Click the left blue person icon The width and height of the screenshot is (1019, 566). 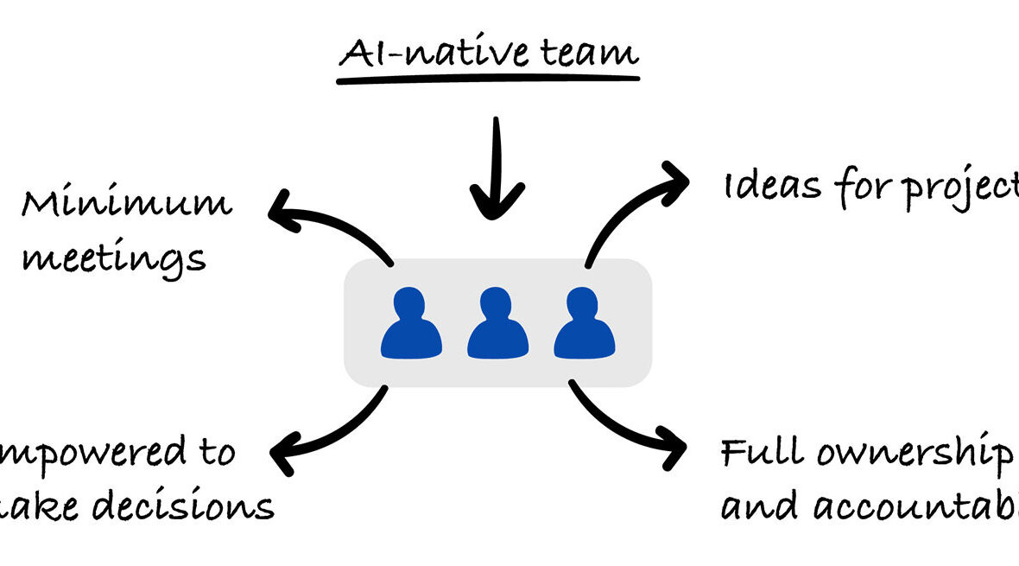coord(411,324)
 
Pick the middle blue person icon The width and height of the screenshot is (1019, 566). coord(497,324)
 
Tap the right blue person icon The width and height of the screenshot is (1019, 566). coord(584,324)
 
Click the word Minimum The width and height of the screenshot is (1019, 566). coord(126,204)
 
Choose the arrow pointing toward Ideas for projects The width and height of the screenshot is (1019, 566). coord(635,207)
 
